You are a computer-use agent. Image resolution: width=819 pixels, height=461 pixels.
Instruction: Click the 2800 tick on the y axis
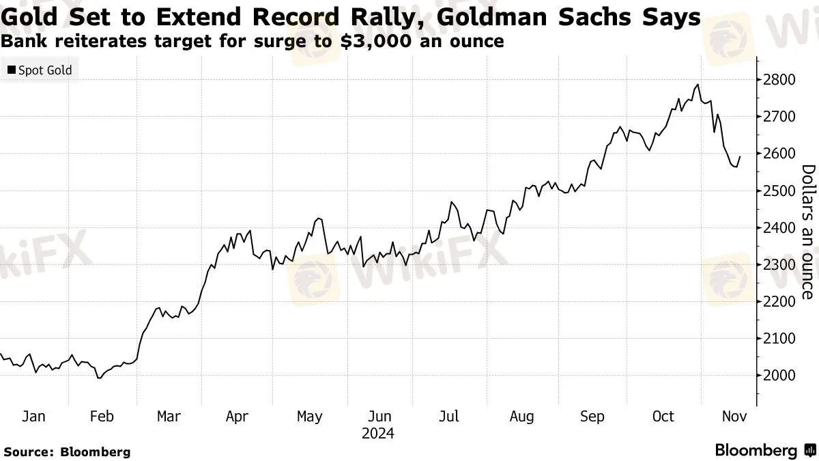pyautogui.click(x=779, y=80)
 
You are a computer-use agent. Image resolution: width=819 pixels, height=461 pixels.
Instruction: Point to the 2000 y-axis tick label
pyautogui.click(x=779, y=375)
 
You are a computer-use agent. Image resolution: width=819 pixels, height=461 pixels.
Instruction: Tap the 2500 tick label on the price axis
pyautogui.click(x=779, y=191)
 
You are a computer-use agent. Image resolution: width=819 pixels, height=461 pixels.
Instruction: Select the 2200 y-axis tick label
pyautogui.click(x=779, y=301)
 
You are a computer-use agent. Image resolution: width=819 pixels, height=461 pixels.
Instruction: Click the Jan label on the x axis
pyautogui.click(x=33, y=416)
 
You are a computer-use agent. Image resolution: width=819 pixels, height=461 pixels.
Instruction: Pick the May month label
pyautogui.click(x=310, y=416)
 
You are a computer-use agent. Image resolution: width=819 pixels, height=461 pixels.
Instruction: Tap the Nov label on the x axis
pyautogui.click(x=735, y=416)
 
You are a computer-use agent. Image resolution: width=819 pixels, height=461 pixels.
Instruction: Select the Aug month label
pyautogui.click(x=521, y=416)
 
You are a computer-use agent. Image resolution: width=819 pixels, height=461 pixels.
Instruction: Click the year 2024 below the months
pyautogui.click(x=377, y=433)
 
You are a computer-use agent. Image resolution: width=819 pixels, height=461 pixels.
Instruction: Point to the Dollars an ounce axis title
pyautogui.click(x=807, y=232)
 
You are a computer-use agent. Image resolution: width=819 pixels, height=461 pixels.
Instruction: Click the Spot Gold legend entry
pyautogui.click(x=44, y=70)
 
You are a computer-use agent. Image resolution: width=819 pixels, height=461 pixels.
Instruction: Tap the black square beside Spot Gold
pyautogui.click(x=12, y=70)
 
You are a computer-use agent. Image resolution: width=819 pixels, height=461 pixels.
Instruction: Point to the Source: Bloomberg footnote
pyautogui.click(x=66, y=451)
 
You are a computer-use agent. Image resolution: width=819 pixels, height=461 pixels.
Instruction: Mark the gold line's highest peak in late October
pyautogui.click(x=698, y=85)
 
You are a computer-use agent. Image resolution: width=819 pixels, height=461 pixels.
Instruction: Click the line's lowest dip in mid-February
pyautogui.click(x=100, y=378)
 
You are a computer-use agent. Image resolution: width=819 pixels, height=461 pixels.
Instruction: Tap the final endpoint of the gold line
pyautogui.click(x=741, y=156)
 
